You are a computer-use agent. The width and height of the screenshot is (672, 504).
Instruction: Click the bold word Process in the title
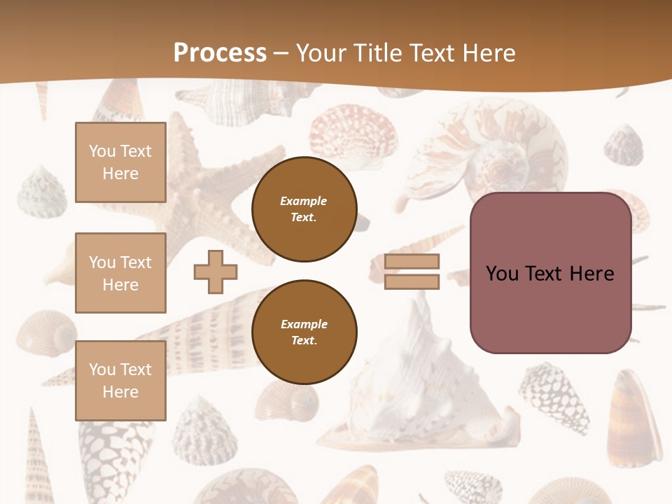[x=220, y=53]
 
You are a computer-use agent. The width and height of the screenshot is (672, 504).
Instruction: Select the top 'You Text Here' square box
[x=120, y=162]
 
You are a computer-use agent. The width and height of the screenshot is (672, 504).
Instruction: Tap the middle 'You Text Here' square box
[x=120, y=273]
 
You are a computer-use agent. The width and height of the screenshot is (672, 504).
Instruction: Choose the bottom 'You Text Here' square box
[x=120, y=380]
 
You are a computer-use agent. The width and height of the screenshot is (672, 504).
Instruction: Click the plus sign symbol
[x=216, y=272]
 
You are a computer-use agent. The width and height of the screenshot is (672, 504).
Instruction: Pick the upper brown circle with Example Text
[x=304, y=209]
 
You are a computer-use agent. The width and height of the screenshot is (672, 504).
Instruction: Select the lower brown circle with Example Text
[x=304, y=332]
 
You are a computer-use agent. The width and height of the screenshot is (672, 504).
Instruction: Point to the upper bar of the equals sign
[x=412, y=261]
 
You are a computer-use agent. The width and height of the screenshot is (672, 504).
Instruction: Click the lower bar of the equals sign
[x=412, y=282]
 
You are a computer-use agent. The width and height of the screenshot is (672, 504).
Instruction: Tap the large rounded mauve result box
[x=550, y=273]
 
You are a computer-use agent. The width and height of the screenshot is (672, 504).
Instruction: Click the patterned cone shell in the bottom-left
[x=112, y=448]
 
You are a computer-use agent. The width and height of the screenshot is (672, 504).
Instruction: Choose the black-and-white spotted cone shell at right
[x=554, y=395]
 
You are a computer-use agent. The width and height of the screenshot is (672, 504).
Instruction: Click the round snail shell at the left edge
[x=45, y=332]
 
